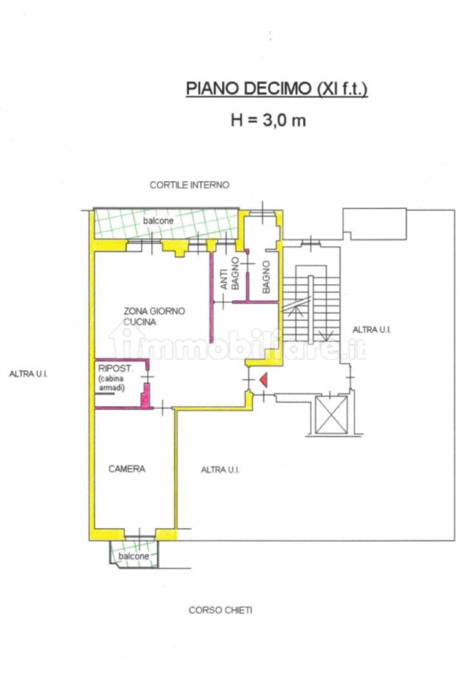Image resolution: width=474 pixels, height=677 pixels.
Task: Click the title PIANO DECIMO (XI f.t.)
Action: coord(276,88)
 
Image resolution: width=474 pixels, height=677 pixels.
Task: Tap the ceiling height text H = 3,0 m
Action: coord(269,120)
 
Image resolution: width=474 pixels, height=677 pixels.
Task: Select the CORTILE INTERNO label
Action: coord(189,184)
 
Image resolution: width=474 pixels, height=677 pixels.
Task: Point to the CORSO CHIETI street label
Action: coord(221,610)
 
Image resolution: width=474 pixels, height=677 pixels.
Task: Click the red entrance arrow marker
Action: coord(264,380)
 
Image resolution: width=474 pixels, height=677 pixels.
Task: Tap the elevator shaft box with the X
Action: coord(331,415)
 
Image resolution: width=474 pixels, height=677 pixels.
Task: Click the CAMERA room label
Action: coord(127,469)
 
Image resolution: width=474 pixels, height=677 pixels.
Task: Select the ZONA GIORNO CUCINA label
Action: coord(155,316)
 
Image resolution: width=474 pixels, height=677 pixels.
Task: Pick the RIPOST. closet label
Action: coord(116,369)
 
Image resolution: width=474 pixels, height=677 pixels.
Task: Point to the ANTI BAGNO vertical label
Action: coord(229,273)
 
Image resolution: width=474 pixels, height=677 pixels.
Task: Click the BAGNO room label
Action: coord(266,278)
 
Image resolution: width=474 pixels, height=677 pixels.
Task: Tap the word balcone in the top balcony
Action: coord(158,221)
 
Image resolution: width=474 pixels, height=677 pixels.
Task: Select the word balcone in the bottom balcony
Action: coord(133,556)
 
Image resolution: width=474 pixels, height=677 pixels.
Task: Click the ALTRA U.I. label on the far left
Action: coord(29,374)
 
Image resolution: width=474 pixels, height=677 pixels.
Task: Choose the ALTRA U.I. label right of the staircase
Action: coord(372,330)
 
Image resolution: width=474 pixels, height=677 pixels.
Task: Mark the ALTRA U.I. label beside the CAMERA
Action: coord(221,470)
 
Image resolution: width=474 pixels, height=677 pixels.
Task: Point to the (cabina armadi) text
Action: coord(112,383)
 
